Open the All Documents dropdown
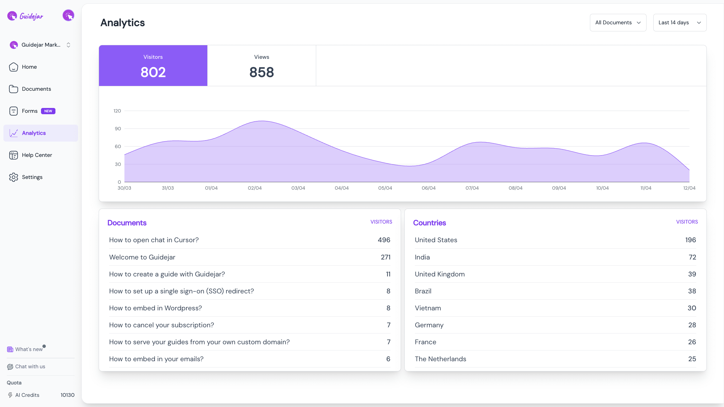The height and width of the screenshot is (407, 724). point(618,23)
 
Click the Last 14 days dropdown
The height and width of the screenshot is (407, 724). point(680,23)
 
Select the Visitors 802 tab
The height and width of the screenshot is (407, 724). point(153,66)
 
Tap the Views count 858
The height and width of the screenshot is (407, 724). point(262,72)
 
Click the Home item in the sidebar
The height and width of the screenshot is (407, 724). point(29,67)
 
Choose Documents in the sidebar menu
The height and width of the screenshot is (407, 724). point(36,89)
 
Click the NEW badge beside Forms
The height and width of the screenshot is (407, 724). point(48,111)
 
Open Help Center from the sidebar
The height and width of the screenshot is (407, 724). point(37,155)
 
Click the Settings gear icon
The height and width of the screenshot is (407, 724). point(14,177)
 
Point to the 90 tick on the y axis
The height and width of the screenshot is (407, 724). point(118,129)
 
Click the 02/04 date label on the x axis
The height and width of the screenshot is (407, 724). point(255,188)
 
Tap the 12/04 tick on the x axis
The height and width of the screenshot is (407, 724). point(689,188)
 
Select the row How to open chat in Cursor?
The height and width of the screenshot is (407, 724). point(154,240)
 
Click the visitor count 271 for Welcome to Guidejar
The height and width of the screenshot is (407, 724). point(385,257)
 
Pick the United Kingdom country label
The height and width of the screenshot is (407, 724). point(439,274)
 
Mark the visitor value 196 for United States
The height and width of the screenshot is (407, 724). point(690,240)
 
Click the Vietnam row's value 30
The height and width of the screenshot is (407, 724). point(692,308)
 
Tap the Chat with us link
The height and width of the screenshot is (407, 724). point(30,367)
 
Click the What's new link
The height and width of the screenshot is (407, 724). point(29,349)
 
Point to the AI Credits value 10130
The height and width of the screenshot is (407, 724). point(67,395)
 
